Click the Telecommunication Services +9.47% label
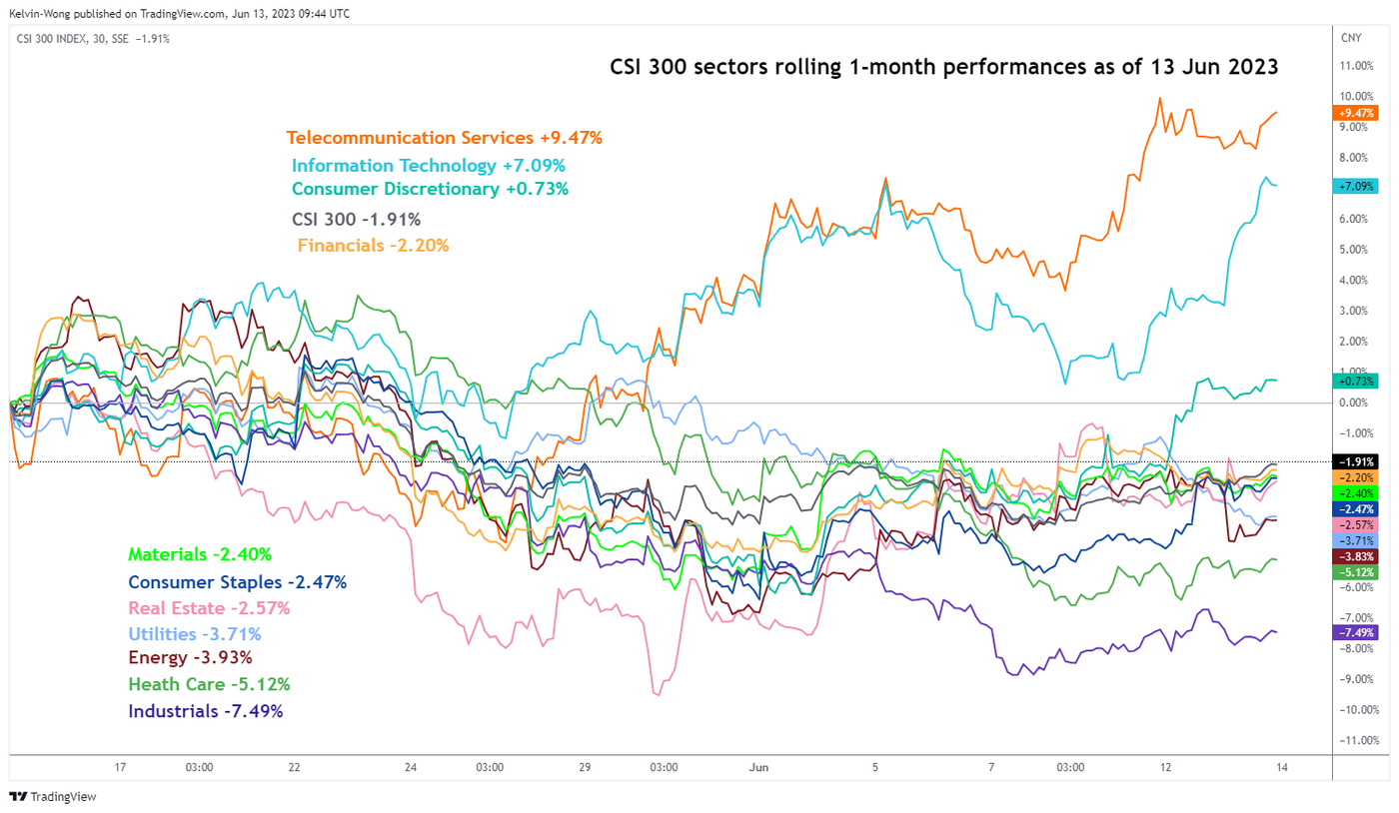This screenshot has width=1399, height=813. tap(444, 138)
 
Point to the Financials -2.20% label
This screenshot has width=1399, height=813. tap(373, 244)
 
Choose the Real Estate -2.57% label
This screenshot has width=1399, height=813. tap(209, 607)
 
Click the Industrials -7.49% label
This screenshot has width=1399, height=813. tap(206, 711)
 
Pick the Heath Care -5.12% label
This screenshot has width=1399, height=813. tap(209, 685)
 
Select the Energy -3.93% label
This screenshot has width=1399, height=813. tap(190, 658)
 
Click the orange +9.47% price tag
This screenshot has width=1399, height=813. tap(1356, 112)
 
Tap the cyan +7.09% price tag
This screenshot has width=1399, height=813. tap(1356, 186)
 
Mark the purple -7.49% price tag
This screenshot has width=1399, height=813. tap(1356, 632)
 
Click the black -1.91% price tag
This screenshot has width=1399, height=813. tap(1356, 461)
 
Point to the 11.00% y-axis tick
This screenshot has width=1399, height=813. tap(1360, 66)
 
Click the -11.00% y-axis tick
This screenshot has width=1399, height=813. tap(1360, 741)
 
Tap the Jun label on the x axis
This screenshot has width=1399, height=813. tap(758, 767)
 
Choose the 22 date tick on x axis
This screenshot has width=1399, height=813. tap(294, 767)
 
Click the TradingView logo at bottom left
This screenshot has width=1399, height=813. tap(46, 797)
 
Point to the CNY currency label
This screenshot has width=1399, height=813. tap(1350, 38)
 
